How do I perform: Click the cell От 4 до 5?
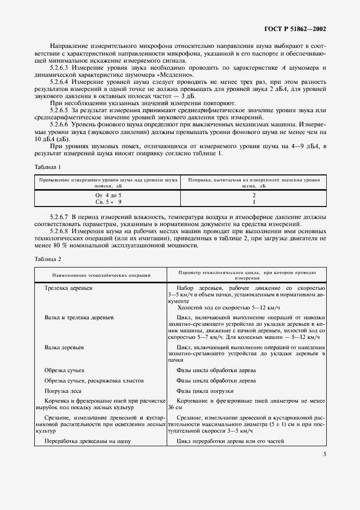coord(106,195)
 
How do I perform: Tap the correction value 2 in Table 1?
coord(254,195)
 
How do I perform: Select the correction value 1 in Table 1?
coord(254,201)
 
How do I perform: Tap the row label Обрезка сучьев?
coord(64,370)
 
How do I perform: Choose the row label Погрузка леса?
coord(63,391)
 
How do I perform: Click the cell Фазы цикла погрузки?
coord(205,391)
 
